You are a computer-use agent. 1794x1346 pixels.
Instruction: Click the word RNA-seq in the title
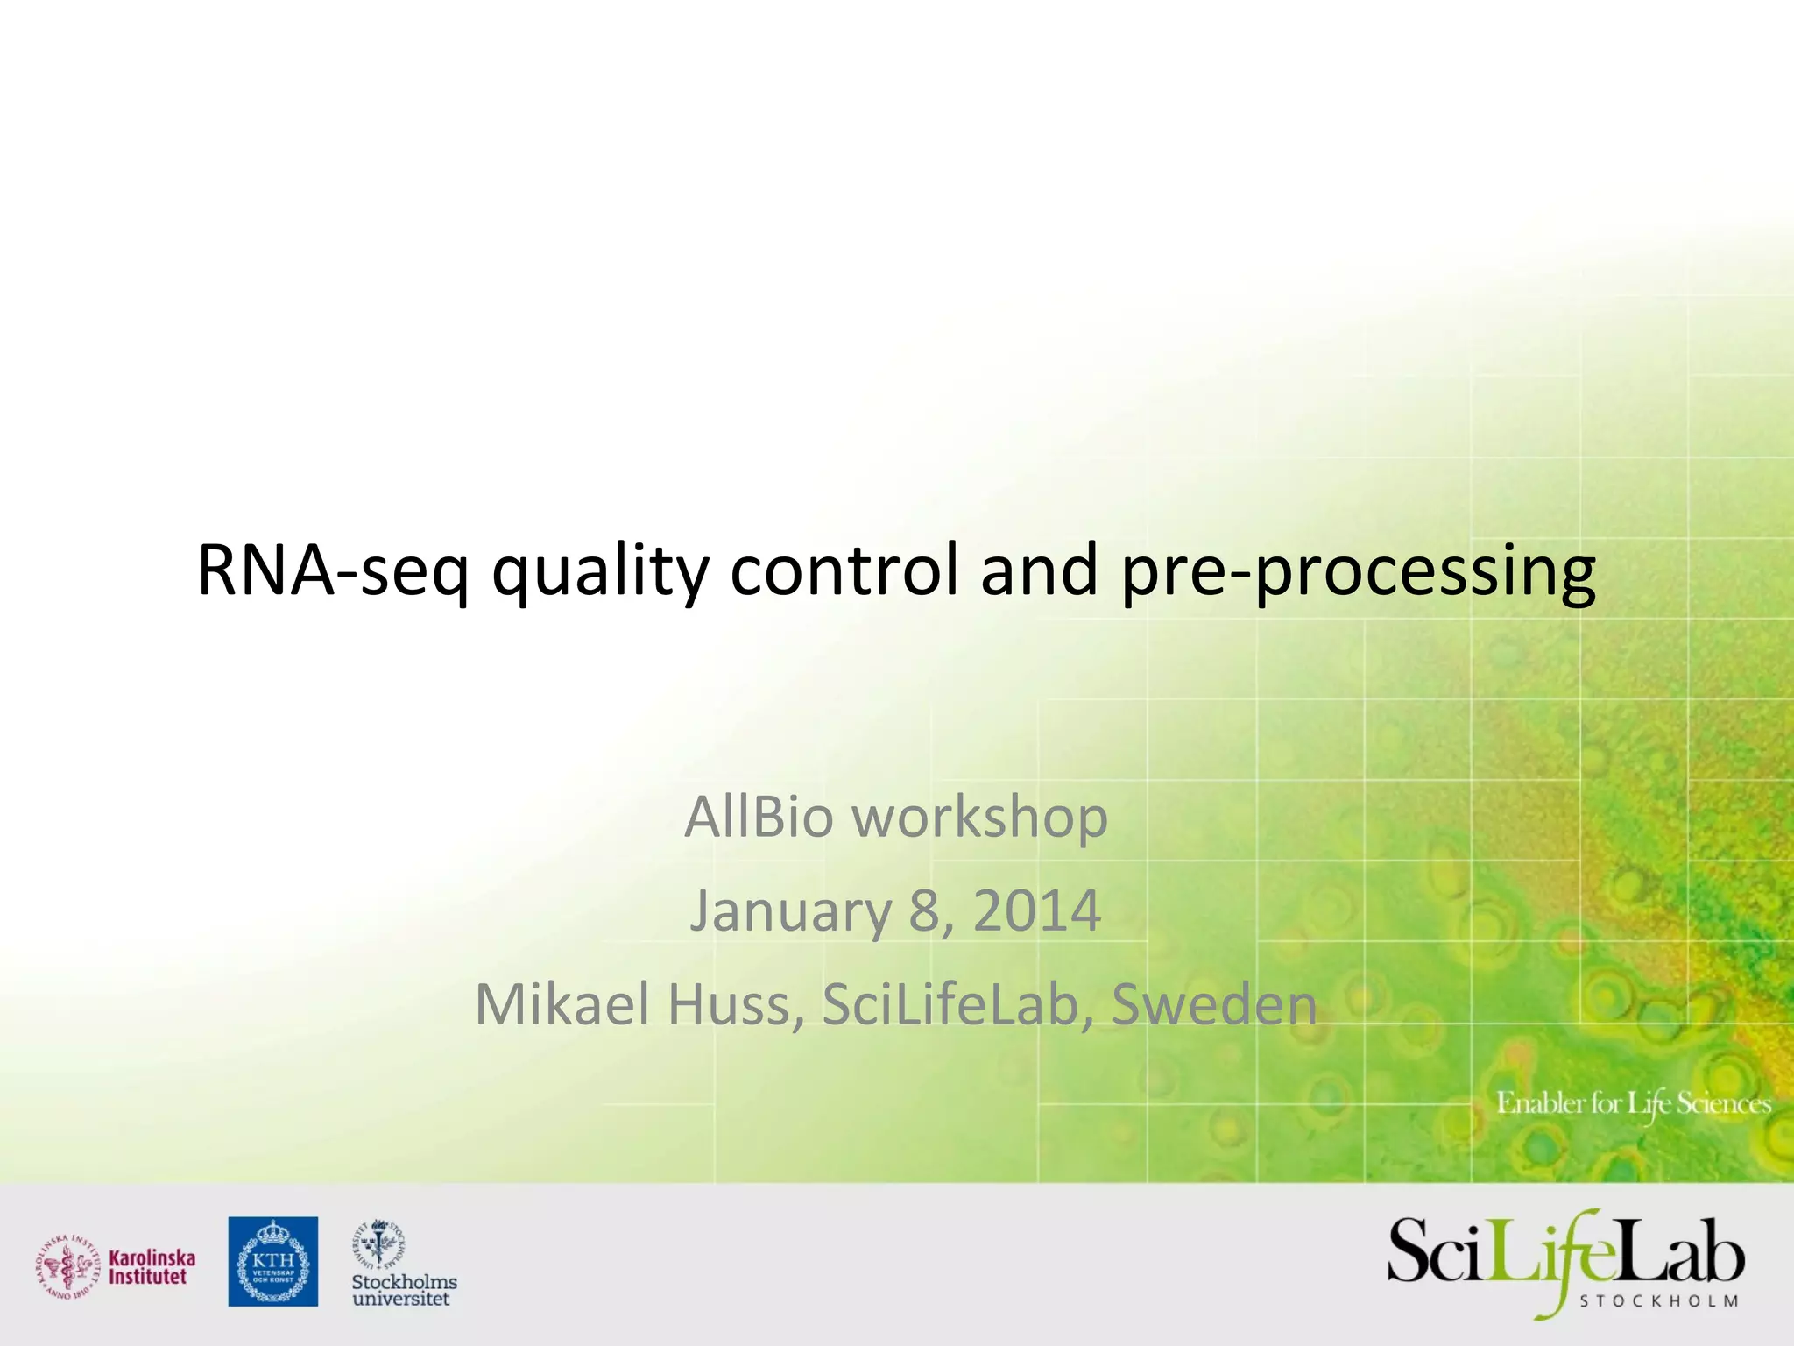tap(333, 571)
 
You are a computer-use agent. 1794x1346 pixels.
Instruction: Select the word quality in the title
tap(600, 571)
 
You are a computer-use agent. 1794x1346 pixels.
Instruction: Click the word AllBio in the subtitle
tap(759, 817)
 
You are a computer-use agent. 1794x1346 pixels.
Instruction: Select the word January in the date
tap(790, 911)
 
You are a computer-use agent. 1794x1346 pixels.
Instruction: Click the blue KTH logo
tap(273, 1260)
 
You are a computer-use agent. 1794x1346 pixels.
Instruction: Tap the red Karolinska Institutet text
tap(152, 1267)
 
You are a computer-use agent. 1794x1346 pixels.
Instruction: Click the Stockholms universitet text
tap(404, 1289)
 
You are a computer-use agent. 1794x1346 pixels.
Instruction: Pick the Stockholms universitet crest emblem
tap(378, 1243)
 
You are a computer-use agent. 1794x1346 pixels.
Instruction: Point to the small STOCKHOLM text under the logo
tap(1658, 1301)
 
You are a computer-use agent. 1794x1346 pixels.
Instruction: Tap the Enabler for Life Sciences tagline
tap(1633, 1103)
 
